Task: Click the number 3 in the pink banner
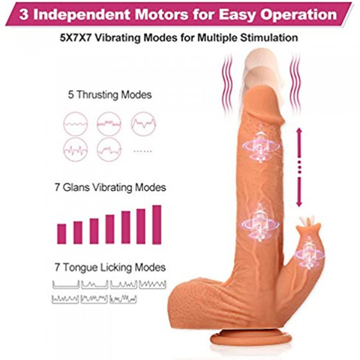24,15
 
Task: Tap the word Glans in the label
76,187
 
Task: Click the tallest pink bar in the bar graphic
157,224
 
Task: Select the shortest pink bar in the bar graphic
62,234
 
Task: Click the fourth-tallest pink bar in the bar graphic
110,229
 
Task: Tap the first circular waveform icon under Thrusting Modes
76,124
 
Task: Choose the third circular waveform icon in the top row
143,124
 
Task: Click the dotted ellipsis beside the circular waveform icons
143,151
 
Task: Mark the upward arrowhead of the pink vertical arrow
299,132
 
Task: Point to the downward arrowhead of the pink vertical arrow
299,203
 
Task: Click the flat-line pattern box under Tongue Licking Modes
66,284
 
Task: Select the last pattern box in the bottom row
123,299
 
